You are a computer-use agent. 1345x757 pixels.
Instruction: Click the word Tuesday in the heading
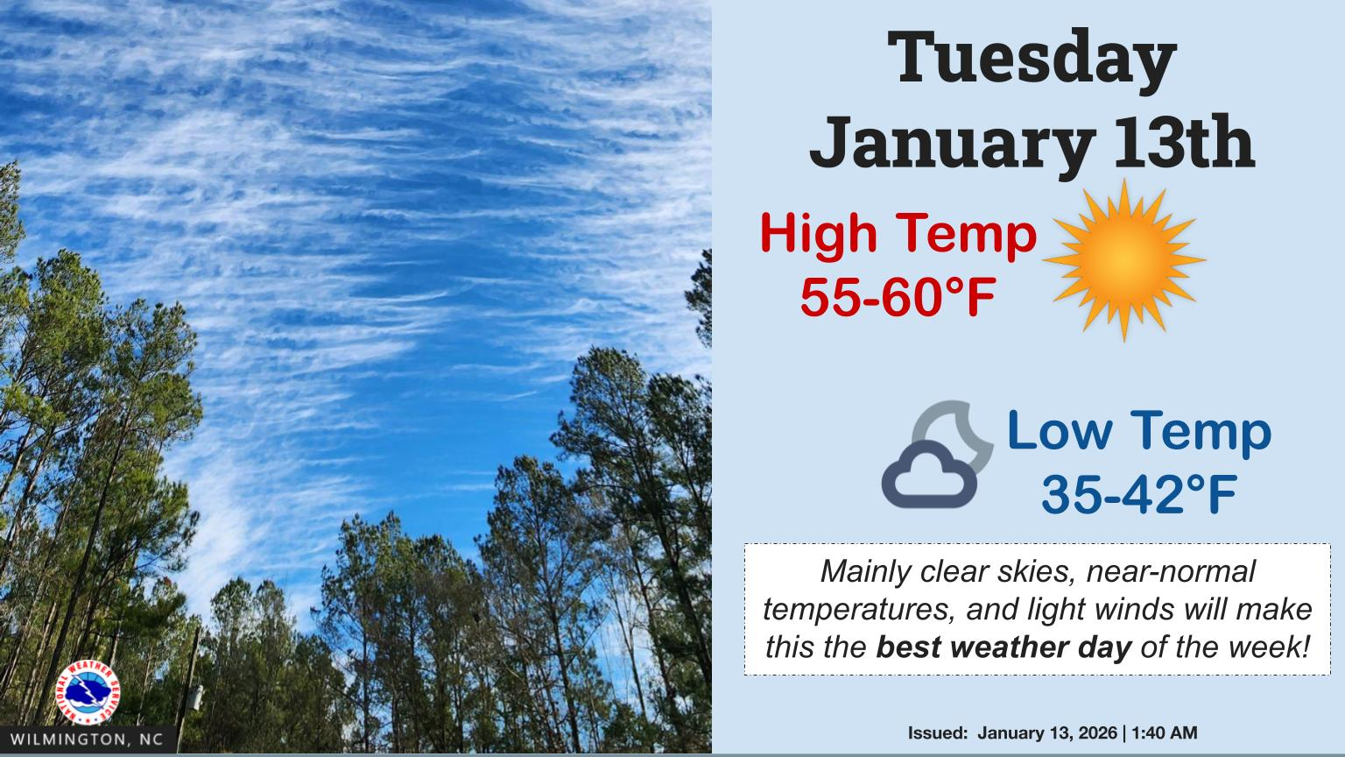coord(1032,60)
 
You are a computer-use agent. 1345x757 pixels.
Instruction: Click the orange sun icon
coord(1124,260)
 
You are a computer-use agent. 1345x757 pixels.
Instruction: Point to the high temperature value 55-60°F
coord(898,299)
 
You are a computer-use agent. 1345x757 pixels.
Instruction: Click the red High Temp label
coord(898,236)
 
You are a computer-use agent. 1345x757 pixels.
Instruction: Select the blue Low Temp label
coord(1138,432)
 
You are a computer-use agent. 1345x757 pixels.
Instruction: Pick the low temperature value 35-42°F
coord(1138,495)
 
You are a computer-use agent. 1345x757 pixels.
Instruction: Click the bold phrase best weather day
coord(1003,647)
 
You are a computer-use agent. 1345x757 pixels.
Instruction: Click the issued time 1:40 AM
coord(1165,732)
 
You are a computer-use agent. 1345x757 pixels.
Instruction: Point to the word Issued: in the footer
coord(938,732)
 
